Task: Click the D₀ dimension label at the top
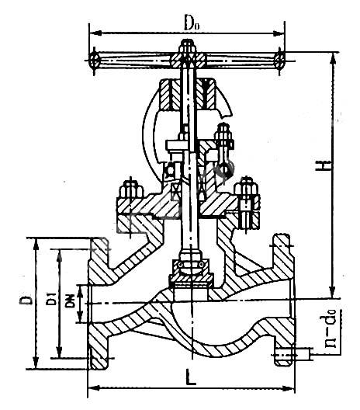click(x=192, y=24)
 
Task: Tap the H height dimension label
click(x=325, y=165)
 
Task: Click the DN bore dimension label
click(x=70, y=301)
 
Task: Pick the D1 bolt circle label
click(x=51, y=299)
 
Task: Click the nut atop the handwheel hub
click(x=188, y=47)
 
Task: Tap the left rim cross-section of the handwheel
click(x=94, y=61)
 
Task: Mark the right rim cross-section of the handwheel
click(x=279, y=61)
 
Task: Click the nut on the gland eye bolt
click(x=223, y=137)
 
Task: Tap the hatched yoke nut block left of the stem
click(x=169, y=94)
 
